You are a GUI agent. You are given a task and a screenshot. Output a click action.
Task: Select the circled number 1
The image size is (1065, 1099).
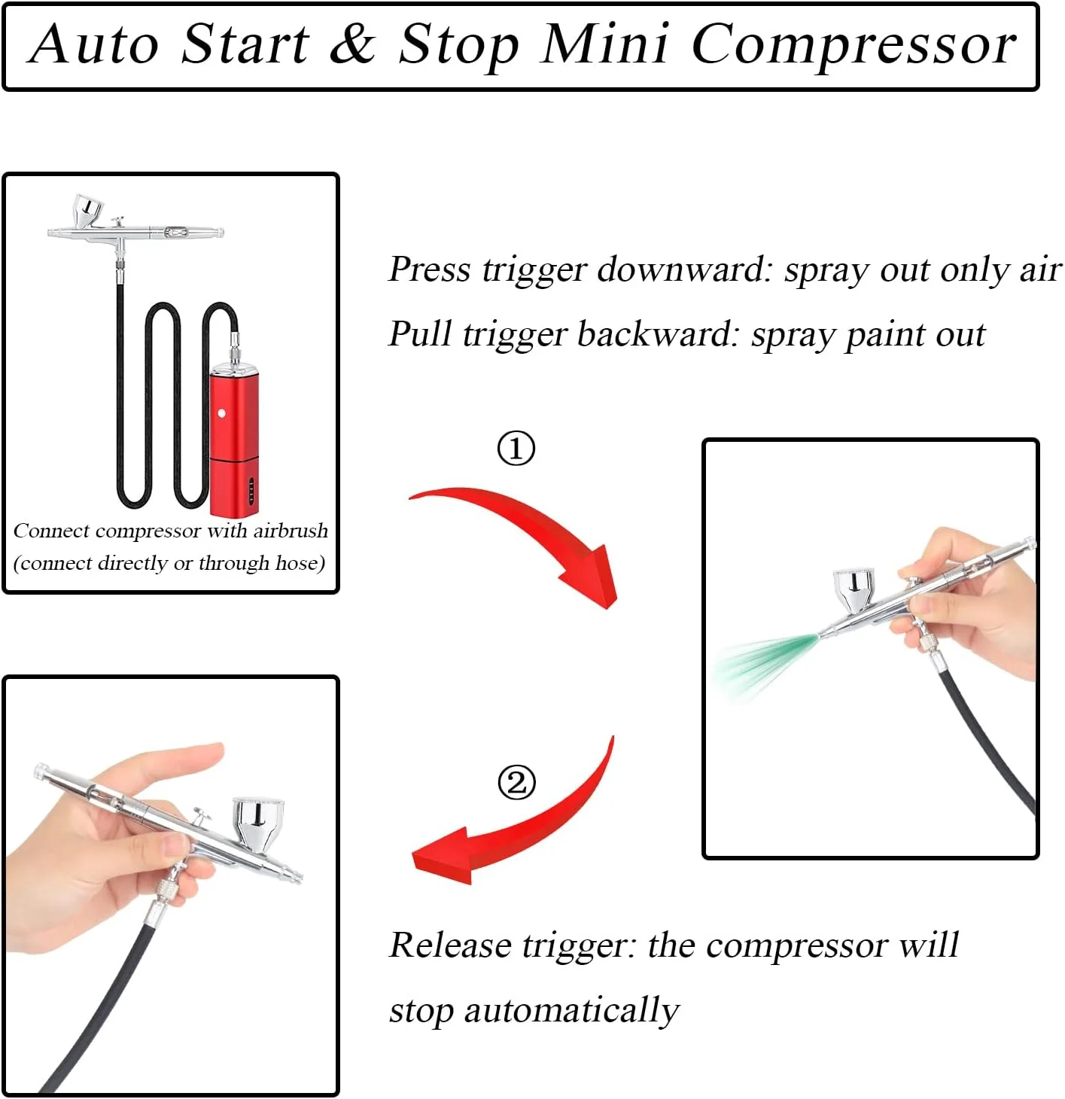tap(516, 449)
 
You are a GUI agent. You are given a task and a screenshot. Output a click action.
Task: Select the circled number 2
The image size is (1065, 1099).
tap(516, 782)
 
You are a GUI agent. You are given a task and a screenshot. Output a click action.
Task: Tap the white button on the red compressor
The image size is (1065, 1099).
tap(222, 413)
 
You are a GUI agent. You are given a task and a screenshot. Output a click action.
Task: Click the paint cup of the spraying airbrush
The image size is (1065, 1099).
tap(854, 589)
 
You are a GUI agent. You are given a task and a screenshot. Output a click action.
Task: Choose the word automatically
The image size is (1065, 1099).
tap(571, 1011)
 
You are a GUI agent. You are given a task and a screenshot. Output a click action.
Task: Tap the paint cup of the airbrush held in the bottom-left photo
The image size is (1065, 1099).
tap(258, 824)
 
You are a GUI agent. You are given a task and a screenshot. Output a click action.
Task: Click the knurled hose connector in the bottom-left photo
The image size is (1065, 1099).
tap(169, 889)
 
